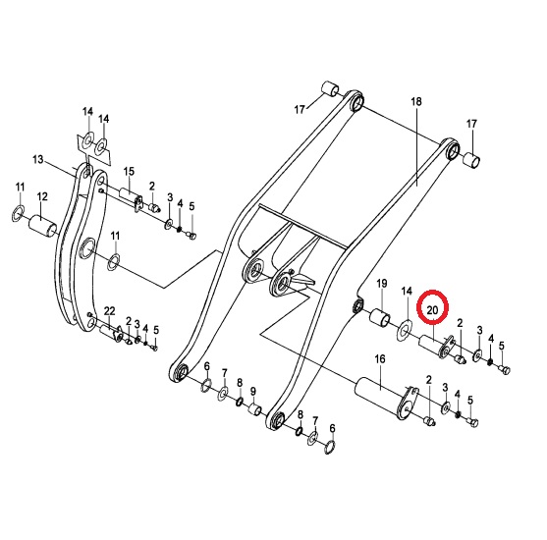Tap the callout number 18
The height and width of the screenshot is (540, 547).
click(x=416, y=101)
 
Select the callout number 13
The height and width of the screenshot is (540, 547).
click(x=37, y=160)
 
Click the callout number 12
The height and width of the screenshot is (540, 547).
click(x=42, y=196)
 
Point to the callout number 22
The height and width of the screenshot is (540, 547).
click(x=109, y=310)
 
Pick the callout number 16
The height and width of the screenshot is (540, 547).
click(x=380, y=358)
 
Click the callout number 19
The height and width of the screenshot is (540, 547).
click(x=382, y=284)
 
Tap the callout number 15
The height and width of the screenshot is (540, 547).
click(x=129, y=171)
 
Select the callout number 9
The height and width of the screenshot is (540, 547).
click(x=253, y=391)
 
